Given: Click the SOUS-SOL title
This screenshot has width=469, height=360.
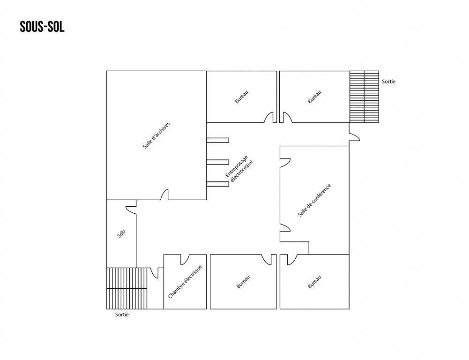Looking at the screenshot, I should (x=42, y=27).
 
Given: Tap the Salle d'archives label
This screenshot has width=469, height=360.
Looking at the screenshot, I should (x=156, y=135).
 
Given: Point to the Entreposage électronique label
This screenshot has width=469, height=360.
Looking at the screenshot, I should (x=239, y=168).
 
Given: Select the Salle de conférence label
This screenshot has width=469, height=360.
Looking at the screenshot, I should (x=314, y=200).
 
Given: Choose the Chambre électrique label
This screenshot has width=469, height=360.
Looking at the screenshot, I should (x=185, y=282).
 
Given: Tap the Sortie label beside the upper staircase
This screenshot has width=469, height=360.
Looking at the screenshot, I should (x=388, y=82).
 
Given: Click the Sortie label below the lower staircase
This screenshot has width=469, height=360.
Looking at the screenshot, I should (x=122, y=315).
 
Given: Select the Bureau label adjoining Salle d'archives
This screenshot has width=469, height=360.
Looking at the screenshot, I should (x=242, y=97).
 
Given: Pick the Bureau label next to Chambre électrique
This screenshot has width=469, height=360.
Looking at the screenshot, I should (x=243, y=282).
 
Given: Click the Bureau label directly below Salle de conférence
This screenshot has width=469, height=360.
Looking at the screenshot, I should (x=314, y=282).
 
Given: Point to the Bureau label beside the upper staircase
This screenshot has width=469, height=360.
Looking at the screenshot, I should (x=314, y=97).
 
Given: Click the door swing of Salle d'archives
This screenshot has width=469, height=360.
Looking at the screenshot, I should (x=164, y=195).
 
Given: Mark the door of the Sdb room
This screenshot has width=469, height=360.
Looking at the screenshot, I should (x=131, y=210).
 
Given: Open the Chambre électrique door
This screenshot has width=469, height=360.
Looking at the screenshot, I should (x=184, y=259).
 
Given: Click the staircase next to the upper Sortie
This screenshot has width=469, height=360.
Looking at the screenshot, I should (x=364, y=97).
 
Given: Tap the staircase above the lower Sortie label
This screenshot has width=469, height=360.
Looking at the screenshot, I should (x=127, y=288).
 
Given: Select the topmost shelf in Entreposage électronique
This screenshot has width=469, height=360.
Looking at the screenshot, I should (x=218, y=140).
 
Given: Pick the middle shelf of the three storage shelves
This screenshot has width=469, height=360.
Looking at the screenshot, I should (x=218, y=162).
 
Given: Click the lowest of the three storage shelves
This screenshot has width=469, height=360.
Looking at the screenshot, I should (x=218, y=184).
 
